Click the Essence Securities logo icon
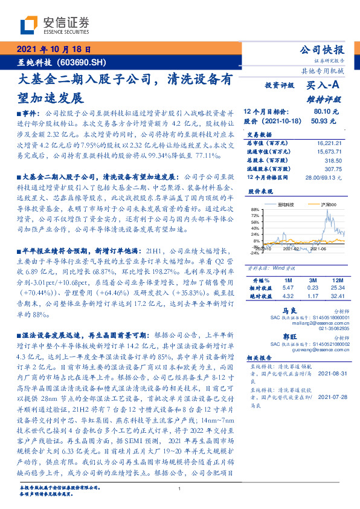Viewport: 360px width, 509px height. point(27,26)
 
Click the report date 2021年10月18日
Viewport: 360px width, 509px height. point(53,50)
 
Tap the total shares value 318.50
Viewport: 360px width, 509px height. point(333,161)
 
